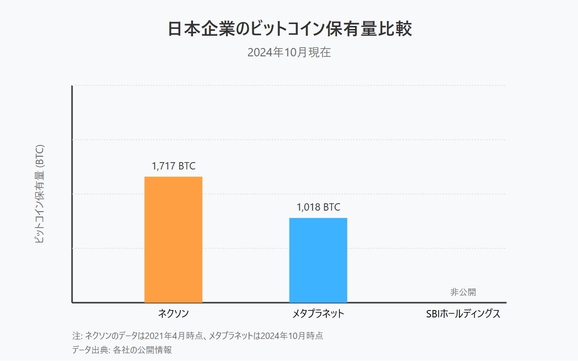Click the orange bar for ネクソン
pos(173,240)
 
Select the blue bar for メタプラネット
pos(318,260)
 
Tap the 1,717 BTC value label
pos(173,166)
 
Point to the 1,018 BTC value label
pos(318,207)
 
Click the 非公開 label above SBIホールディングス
pos(463,292)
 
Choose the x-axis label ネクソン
pos(173,314)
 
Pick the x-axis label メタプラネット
pos(318,314)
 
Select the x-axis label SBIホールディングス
pos(463,314)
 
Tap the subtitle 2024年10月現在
pos(289,52)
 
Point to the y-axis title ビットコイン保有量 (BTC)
pos(40,194)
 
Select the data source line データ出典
pos(122,350)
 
